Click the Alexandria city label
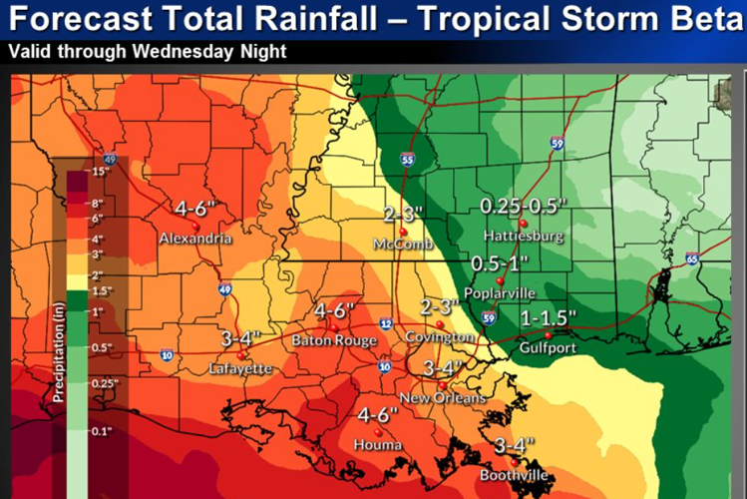tap(195, 240)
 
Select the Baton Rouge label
tap(334, 341)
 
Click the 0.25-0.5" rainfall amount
tap(523, 206)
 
